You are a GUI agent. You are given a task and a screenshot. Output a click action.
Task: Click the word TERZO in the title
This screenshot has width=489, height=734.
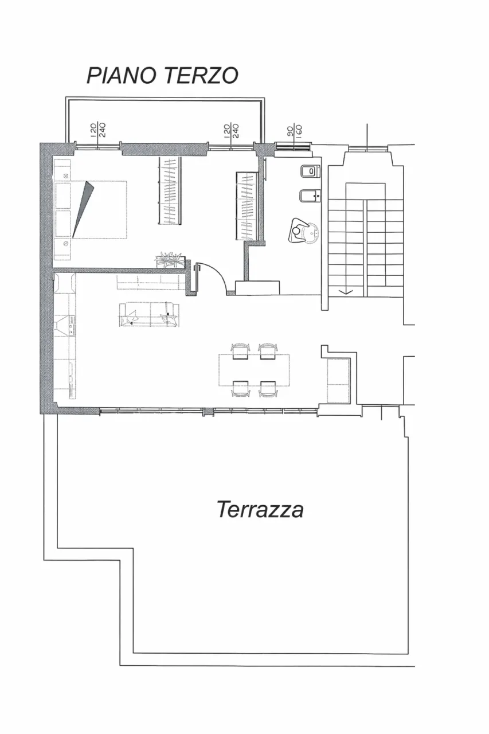point(201,75)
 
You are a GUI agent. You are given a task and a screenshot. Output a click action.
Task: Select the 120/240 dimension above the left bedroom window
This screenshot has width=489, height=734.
point(97,130)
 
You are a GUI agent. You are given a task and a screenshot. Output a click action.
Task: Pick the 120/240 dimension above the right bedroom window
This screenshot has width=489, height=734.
point(231,130)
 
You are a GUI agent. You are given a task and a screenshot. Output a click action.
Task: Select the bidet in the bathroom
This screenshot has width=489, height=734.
point(310,196)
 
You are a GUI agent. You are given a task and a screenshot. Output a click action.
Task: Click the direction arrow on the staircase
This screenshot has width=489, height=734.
point(347,291)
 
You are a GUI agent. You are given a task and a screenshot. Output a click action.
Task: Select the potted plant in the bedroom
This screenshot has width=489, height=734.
point(170,260)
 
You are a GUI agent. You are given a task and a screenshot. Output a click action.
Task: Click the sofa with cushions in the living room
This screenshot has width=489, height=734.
point(150,315)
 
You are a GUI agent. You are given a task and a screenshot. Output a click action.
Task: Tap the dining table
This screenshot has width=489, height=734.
point(254,370)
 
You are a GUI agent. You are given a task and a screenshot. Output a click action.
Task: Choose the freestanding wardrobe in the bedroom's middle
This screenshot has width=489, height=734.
point(170,191)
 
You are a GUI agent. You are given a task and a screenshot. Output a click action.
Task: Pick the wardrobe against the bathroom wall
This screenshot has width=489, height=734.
point(247,206)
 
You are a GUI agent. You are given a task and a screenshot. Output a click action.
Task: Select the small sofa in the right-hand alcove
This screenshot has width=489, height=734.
point(338,380)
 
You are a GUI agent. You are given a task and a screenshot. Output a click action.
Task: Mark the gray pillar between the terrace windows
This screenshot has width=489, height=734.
point(208,411)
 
